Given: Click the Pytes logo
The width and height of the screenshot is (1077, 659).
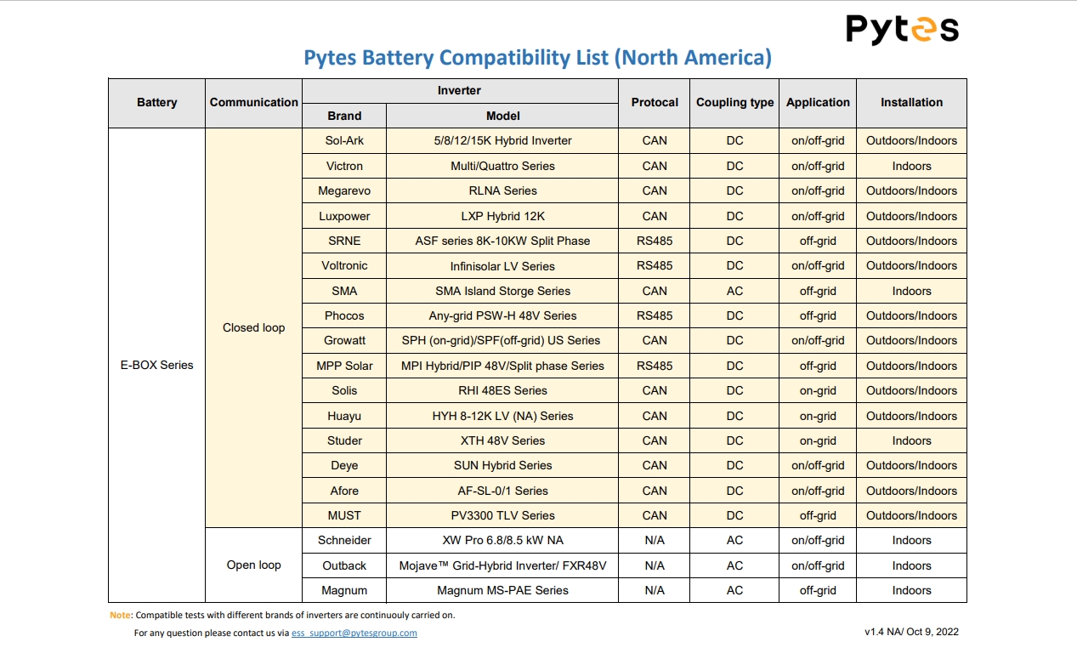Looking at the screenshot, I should [902, 30].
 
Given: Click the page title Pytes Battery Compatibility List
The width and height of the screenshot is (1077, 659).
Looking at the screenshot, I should [537, 58].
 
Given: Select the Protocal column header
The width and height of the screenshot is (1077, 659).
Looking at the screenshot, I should [655, 103].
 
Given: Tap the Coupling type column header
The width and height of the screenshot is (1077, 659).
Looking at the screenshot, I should [734, 103].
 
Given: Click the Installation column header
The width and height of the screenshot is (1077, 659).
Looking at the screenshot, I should [911, 103].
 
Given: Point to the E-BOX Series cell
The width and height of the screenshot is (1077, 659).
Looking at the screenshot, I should [156, 365].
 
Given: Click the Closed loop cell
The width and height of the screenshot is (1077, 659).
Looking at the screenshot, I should [253, 327].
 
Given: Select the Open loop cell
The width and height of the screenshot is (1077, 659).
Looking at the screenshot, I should [253, 565].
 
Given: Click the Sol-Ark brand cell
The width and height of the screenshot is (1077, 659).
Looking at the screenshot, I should [344, 141].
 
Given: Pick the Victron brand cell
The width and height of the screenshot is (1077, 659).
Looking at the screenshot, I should [344, 166].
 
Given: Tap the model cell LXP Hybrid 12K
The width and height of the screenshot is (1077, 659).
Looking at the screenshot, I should [502, 216].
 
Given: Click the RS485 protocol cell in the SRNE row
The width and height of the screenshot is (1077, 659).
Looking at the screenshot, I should [655, 241].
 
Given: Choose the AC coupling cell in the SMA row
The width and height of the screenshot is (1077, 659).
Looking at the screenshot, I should [734, 291].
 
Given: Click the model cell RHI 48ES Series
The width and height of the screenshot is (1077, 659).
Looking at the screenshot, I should [502, 390].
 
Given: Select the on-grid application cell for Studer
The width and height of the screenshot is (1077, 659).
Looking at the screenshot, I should [818, 440].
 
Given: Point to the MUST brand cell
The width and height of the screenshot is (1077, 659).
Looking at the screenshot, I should [344, 515].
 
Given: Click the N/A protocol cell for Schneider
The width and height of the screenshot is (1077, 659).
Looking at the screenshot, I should [655, 540].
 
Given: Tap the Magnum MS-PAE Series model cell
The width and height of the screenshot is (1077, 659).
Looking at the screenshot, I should [502, 590].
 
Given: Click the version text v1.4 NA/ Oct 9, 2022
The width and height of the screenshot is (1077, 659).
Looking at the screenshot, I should [911, 632].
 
